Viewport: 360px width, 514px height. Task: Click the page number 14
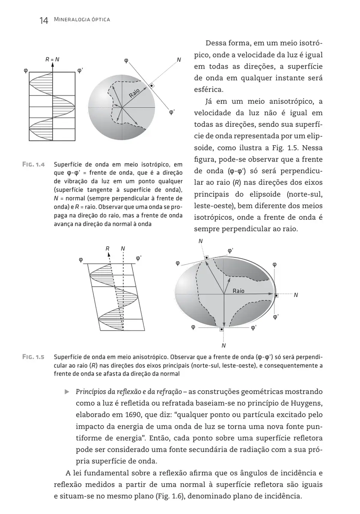pyautogui.click(x=43, y=20)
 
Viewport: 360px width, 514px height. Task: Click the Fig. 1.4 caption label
pyautogui.click(x=33, y=164)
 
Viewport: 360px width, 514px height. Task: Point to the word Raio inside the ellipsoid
pyautogui.click(x=238, y=291)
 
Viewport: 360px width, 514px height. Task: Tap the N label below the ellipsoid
pyautogui.click(x=223, y=345)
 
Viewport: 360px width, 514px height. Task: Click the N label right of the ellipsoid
pyautogui.click(x=296, y=295)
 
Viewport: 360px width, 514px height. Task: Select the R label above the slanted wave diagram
pyautogui.click(x=107, y=248)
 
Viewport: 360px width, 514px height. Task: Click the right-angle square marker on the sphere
pyautogui.click(x=151, y=87)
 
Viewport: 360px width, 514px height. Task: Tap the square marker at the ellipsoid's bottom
pyautogui.click(x=221, y=329)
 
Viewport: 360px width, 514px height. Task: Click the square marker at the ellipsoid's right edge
pyautogui.click(x=276, y=295)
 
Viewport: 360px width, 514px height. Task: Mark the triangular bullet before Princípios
pyautogui.click(x=67, y=391)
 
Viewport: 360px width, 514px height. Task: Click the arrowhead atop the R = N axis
pyautogui.click(x=52, y=66)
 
